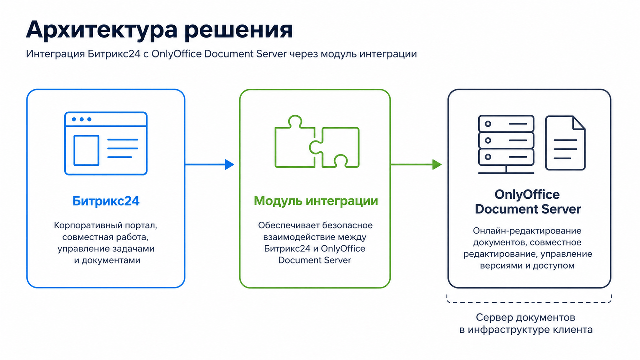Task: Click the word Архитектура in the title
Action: [x=102, y=30]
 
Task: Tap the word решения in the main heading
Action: [x=239, y=30]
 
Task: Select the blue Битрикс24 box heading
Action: [x=106, y=201]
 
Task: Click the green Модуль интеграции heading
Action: [x=316, y=201]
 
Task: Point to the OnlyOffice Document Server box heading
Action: [x=528, y=202]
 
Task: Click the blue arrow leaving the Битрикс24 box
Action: [x=210, y=164]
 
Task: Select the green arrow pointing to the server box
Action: [x=416, y=164]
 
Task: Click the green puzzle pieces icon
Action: [x=317, y=142]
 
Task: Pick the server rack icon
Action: [x=506, y=144]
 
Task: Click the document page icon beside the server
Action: [x=565, y=143]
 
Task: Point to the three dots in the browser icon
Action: [x=82, y=119]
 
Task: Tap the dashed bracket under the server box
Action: [x=529, y=302]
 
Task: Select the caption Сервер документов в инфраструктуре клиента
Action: [x=526, y=323]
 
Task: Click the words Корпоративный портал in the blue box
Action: [x=105, y=226]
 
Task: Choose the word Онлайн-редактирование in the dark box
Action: [x=527, y=231]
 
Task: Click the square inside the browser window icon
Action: [x=86, y=150]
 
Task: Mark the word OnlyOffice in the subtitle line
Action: [x=176, y=54]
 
